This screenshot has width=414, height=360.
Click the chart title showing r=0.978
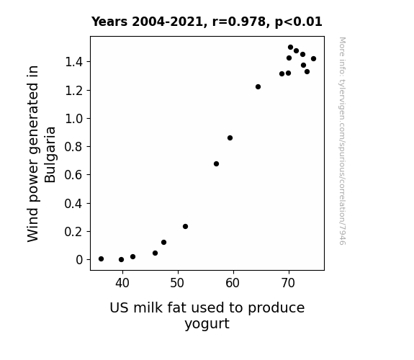tap(207, 22)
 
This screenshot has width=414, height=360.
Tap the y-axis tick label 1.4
tap(74, 62)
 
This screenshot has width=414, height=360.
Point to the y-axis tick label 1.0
tap(74, 119)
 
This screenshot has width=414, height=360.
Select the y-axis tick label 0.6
tap(74, 175)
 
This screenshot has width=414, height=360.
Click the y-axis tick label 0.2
tap(74, 232)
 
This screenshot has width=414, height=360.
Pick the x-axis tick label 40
tap(122, 283)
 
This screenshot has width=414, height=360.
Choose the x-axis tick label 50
tap(177, 283)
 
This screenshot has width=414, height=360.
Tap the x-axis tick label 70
tap(288, 283)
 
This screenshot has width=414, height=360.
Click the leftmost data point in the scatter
tap(101, 259)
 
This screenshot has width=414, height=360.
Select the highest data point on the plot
tap(290, 48)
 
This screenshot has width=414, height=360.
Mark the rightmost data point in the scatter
tap(313, 58)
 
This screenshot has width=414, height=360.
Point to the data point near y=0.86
tap(230, 138)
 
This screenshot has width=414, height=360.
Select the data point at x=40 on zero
tap(121, 260)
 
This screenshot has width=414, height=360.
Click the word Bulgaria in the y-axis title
tap(50, 155)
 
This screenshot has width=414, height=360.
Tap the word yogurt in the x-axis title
tap(207, 323)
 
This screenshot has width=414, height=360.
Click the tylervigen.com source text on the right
tap(342, 141)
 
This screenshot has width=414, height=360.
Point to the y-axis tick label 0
tap(79, 260)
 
